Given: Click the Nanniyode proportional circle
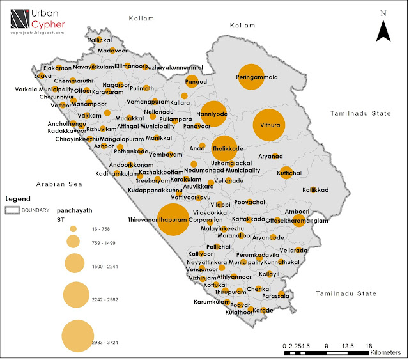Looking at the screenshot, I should tap(211, 115).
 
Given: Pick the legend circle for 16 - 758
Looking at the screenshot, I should tap(73, 228).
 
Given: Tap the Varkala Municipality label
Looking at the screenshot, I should tap(36, 89).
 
